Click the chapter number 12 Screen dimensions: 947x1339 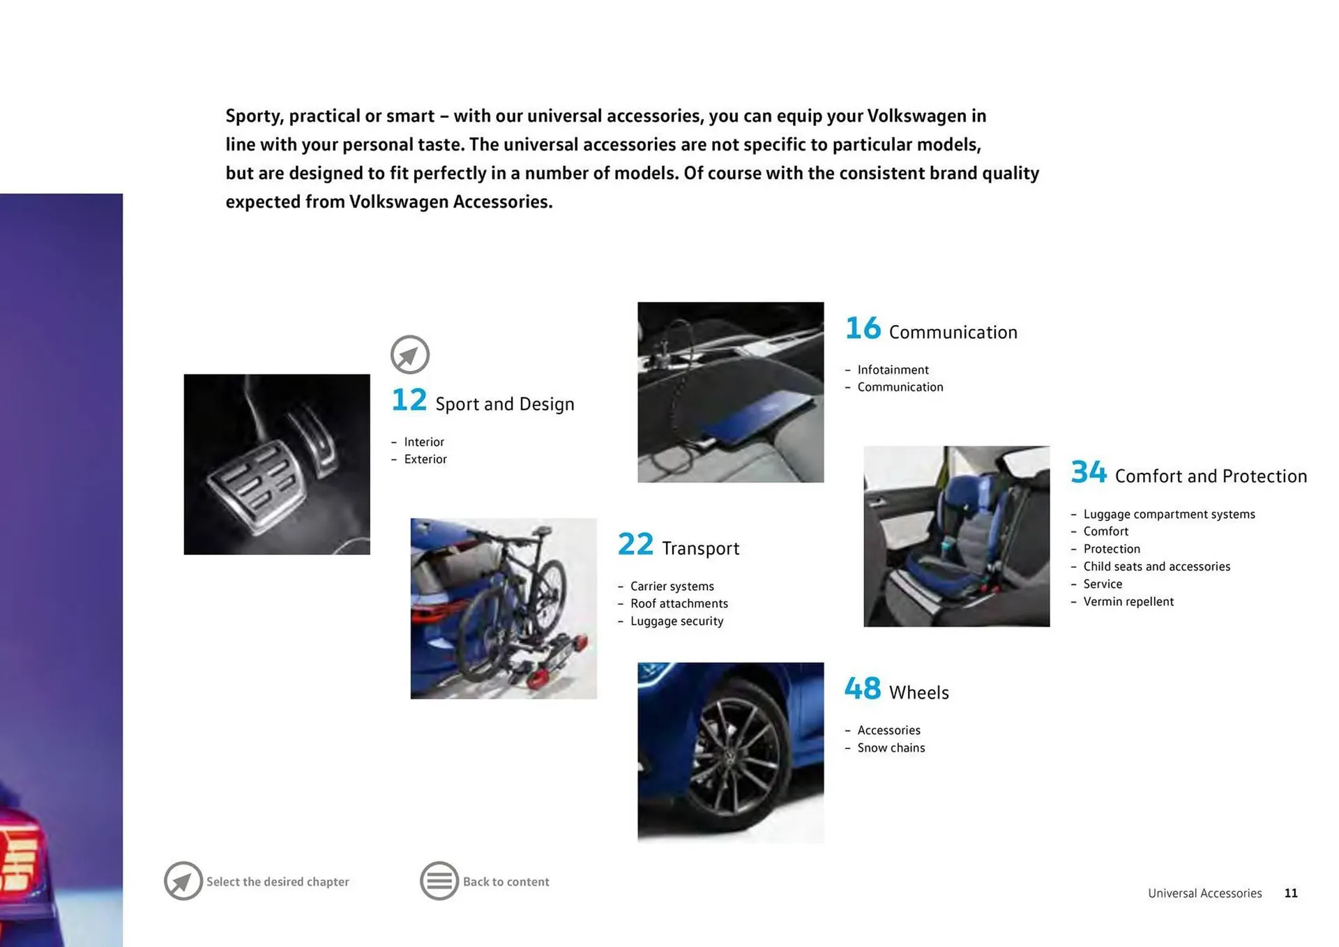click(x=409, y=400)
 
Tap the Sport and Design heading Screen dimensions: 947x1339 click(x=504, y=404)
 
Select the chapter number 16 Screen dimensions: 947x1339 click(x=863, y=328)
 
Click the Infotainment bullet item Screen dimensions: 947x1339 click(x=893, y=370)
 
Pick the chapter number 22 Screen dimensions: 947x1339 click(x=635, y=545)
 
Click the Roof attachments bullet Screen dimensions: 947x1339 click(x=679, y=603)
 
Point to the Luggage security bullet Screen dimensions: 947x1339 click(x=676, y=621)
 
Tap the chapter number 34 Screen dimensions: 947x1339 click(x=1088, y=472)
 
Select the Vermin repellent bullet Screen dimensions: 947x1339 click(x=1128, y=601)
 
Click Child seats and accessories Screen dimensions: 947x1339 click(x=1156, y=566)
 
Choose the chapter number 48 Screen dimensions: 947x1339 click(x=863, y=689)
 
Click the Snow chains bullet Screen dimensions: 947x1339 click(x=891, y=748)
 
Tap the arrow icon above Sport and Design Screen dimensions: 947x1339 click(x=410, y=354)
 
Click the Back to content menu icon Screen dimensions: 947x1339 click(x=439, y=881)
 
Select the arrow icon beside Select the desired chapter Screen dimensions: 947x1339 click(x=183, y=881)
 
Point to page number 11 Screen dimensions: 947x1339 click(x=1290, y=893)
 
